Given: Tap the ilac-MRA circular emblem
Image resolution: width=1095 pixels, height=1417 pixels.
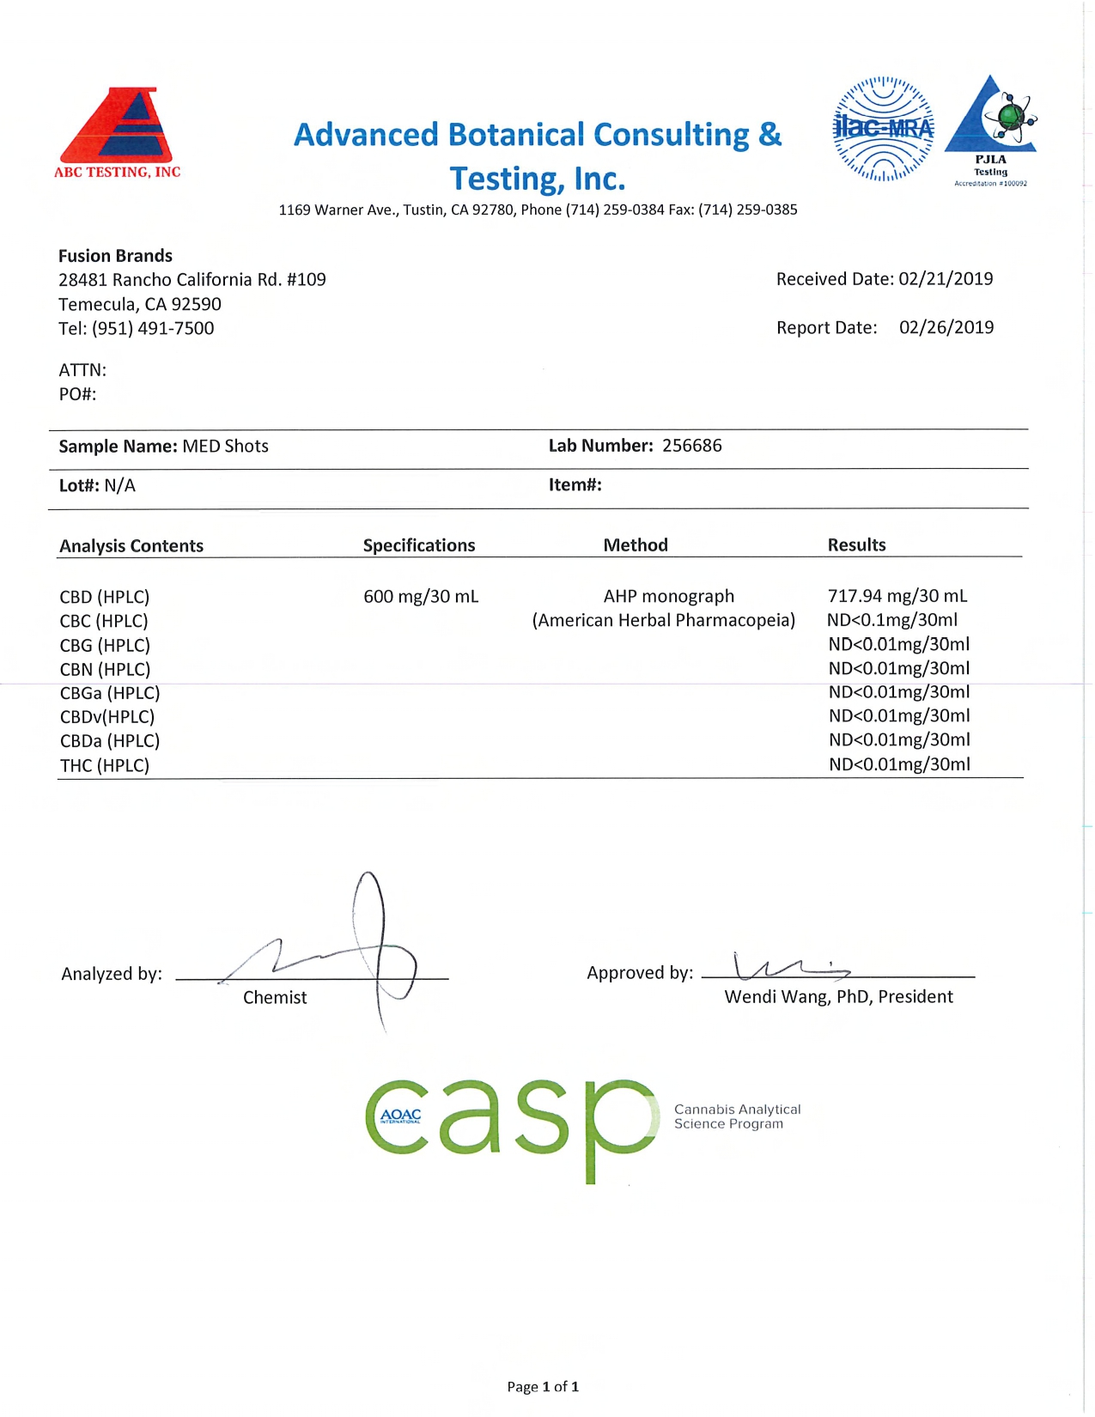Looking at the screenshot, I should point(883,129).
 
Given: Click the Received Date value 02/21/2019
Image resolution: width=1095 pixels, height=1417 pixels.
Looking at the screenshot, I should point(946,279).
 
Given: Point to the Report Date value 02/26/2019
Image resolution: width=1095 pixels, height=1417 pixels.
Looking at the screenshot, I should point(946,327).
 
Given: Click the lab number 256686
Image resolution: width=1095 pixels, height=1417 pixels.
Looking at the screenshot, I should point(691,446).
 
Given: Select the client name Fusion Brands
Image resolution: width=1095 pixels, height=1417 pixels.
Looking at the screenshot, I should point(115,256).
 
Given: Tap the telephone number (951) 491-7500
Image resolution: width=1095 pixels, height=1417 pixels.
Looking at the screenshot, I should point(153,328).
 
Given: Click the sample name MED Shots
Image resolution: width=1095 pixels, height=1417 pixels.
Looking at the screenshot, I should point(225,447).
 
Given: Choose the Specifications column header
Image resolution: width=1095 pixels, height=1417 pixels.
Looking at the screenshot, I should point(419,545).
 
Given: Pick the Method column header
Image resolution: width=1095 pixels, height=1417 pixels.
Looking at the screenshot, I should point(636,545).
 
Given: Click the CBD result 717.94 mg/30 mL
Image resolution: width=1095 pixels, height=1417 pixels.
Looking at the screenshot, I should point(897,596).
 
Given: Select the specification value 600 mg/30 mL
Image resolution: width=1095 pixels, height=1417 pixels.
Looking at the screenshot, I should point(421,596).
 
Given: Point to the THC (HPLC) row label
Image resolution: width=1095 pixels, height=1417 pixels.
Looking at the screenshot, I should point(105,765).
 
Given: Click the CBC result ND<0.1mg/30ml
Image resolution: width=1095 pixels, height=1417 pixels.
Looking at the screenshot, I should point(892,620).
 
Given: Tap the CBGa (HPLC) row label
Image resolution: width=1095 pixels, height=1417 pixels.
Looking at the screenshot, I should point(110,693).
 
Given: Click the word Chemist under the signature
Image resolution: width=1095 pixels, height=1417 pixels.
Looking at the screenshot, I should point(275,997).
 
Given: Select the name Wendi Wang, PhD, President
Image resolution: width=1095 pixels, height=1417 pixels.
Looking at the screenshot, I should point(838,997).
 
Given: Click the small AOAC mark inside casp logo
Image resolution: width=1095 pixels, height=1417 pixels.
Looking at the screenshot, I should point(400,1116).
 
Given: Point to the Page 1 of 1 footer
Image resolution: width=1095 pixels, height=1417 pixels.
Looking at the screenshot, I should point(543,1386).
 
